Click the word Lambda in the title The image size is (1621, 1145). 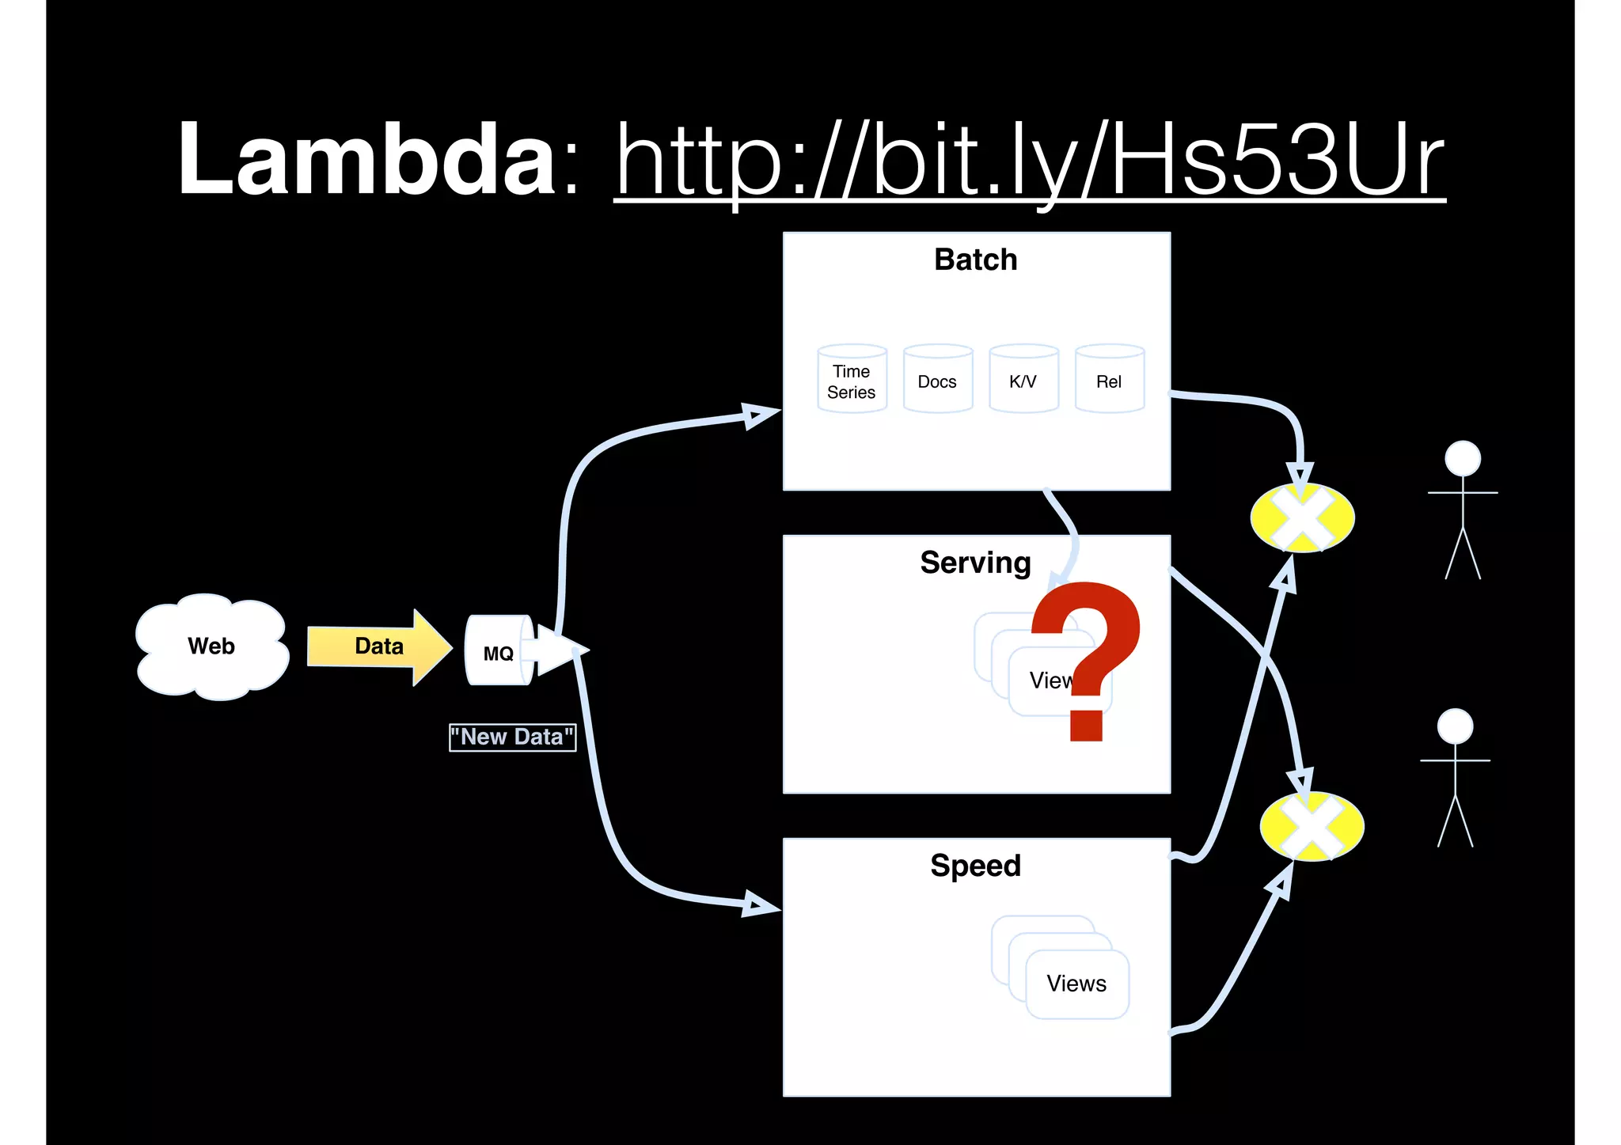(367, 158)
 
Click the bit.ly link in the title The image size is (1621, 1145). (1029, 162)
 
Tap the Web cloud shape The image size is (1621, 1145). (211, 646)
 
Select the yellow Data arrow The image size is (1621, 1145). (379, 646)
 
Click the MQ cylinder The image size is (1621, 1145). (498, 651)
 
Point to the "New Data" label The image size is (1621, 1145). (512, 737)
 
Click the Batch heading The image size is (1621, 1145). (975, 260)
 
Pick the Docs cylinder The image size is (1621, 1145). (937, 381)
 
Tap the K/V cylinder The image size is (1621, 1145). (1023, 381)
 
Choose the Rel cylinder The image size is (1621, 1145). (1109, 381)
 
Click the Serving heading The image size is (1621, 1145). (975, 563)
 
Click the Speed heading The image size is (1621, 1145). (975, 866)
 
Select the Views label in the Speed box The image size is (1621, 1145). (1076, 984)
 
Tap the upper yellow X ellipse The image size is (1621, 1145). (1302, 518)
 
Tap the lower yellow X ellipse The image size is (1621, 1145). (1312, 827)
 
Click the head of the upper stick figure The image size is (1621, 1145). (1462, 458)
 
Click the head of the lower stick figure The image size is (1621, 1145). (1455, 726)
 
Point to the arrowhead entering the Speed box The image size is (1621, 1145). (760, 905)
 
